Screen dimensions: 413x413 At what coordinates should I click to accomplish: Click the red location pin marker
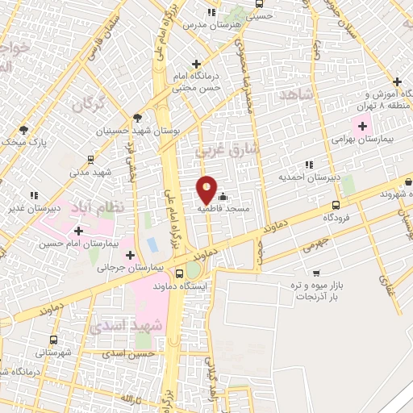(x=207, y=190)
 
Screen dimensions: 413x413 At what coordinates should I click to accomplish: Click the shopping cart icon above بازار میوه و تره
(x=317, y=273)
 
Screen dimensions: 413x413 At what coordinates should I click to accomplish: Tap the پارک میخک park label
(x=31, y=143)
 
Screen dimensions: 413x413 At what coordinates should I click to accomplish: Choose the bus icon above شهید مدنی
(x=90, y=160)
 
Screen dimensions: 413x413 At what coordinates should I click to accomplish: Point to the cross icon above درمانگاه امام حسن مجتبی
(x=195, y=63)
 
